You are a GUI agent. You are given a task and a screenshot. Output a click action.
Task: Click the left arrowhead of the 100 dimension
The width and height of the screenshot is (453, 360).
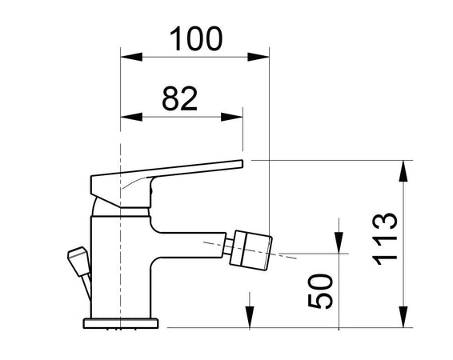(x=128, y=57)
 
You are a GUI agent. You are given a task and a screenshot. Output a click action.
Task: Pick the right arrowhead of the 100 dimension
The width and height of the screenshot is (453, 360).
(x=260, y=57)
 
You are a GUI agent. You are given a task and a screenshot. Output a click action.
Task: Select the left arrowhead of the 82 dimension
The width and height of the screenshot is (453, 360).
(x=128, y=117)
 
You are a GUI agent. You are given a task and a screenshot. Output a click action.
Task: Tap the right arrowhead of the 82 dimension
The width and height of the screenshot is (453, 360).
(x=235, y=117)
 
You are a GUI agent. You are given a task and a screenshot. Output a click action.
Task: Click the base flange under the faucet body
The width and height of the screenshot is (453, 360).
(x=122, y=322)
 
